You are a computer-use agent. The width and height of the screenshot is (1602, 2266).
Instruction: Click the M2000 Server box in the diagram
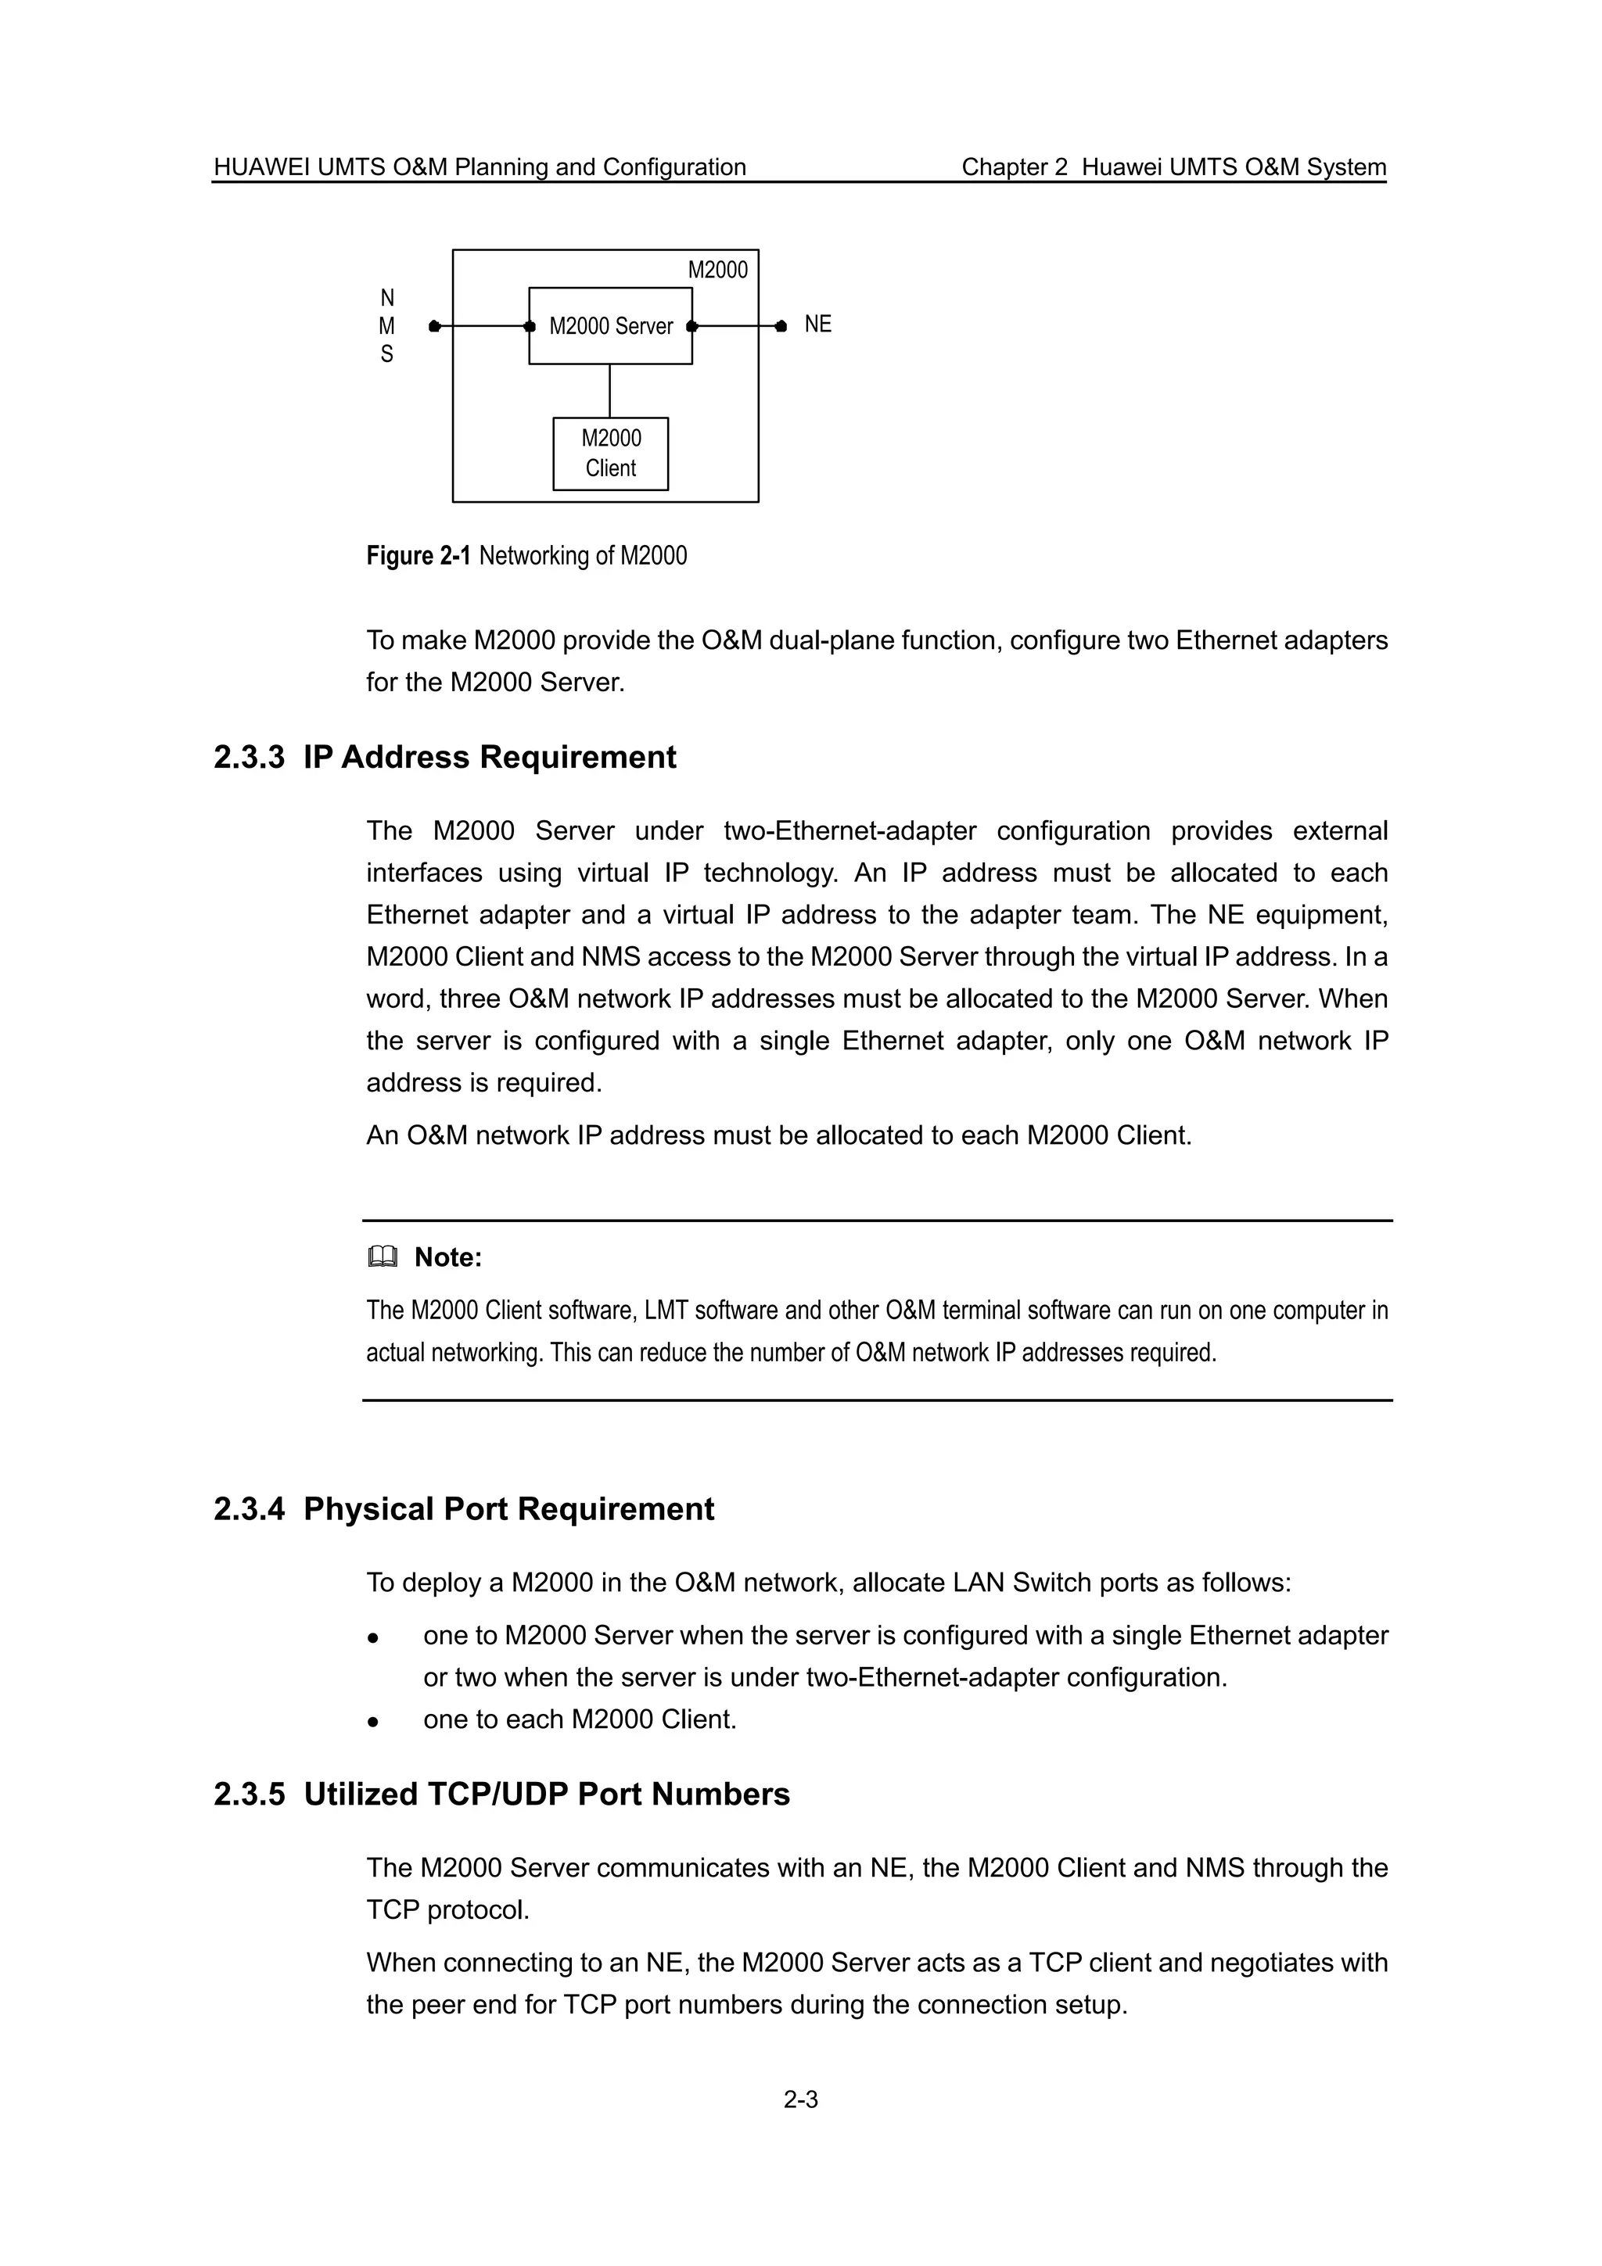coord(610,326)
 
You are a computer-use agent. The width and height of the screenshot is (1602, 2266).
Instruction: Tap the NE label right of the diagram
coord(817,324)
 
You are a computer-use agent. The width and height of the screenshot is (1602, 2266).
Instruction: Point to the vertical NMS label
coord(387,326)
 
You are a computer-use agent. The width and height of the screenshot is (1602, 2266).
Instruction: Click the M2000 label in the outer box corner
coord(717,270)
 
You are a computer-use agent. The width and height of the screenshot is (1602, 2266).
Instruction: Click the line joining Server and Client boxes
coord(610,391)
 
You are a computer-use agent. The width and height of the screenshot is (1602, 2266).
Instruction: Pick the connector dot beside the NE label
coord(781,326)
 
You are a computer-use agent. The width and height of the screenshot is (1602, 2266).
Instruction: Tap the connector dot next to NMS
coord(434,326)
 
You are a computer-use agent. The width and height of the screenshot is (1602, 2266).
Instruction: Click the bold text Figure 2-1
coord(418,556)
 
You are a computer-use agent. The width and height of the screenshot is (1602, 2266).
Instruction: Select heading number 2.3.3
coord(249,757)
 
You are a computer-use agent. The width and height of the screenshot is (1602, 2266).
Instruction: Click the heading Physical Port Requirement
coord(508,1509)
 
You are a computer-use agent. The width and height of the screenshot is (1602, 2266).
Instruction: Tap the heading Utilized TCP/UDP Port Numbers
coord(547,1795)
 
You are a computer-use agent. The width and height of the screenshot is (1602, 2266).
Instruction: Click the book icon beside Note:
coord(382,1257)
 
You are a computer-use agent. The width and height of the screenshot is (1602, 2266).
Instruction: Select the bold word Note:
coord(448,1257)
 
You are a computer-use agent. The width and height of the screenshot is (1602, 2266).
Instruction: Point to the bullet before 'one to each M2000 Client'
coord(373,1721)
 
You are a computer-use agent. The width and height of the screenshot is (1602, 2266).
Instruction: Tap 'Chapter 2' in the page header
coord(1015,167)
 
